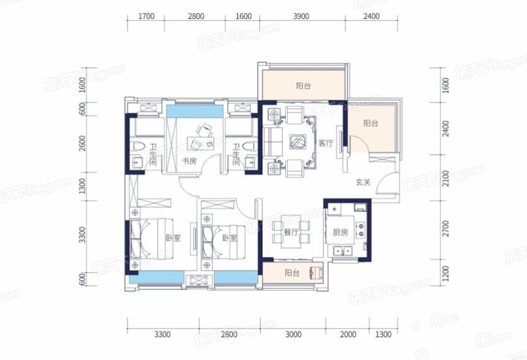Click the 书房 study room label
coord(189,162)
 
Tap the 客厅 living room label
coord(326,143)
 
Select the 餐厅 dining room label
coord(291,232)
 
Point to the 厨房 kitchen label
coord(340,232)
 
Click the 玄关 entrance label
coord(363,182)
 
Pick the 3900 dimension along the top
coord(301,16)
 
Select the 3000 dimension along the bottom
coord(293,334)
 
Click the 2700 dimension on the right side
coord(446,229)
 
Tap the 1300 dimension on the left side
coord(82,186)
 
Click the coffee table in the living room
coord(298,142)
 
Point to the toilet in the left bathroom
coord(137,146)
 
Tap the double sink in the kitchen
coord(343,251)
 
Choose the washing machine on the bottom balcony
coord(317,273)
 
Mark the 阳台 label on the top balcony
coord(303,86)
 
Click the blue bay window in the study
coord(195,111)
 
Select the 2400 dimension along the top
coord(372,16)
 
